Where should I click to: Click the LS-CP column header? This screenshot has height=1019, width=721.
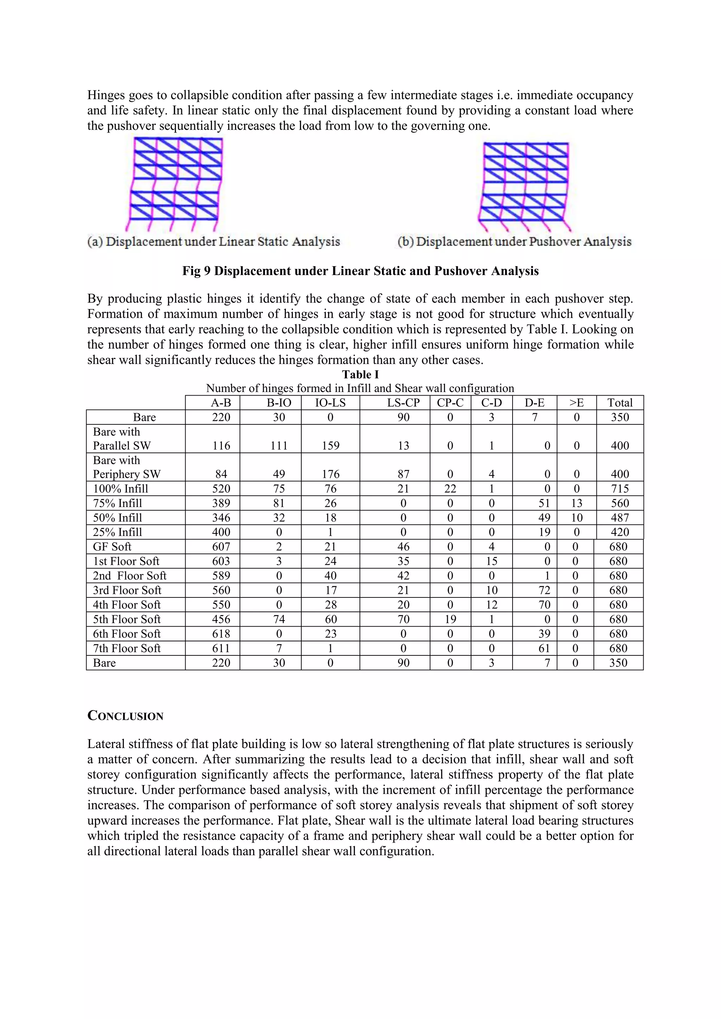(x=403, y=403)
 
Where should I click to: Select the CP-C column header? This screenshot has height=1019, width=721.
(x=450, y=403)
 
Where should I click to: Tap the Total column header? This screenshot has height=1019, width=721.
(x=620, y=403)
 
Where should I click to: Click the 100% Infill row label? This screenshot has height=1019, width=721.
(x=120, y=489)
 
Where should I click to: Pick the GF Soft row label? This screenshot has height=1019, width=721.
(x=112, y=547)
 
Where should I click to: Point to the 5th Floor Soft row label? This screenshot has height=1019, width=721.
(x=127, y=619)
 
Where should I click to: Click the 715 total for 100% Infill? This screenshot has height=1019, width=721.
(x=620, y=489)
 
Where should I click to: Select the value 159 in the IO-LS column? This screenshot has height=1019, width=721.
(x=331, y=446)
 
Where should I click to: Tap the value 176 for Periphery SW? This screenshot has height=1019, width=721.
(x=331, y=474)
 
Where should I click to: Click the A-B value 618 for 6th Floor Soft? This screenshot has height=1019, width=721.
(x=221, y=634)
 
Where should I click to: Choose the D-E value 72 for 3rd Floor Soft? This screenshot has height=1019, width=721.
(x=544, y=590)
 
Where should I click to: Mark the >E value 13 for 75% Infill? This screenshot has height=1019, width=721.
(x=577, y=503)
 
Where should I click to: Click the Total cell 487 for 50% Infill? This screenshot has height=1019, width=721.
(x=620, y=518)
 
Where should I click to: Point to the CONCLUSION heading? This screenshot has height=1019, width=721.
(x=125, y=716)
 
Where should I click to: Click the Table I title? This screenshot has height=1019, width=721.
(x=360, y=374)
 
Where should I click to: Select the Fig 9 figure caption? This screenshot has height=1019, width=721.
(x=360, y=271)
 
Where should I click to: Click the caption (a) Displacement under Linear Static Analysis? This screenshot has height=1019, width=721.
(x=214, y=242)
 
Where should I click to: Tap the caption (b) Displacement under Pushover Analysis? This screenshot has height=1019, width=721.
(x=514, y=242)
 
